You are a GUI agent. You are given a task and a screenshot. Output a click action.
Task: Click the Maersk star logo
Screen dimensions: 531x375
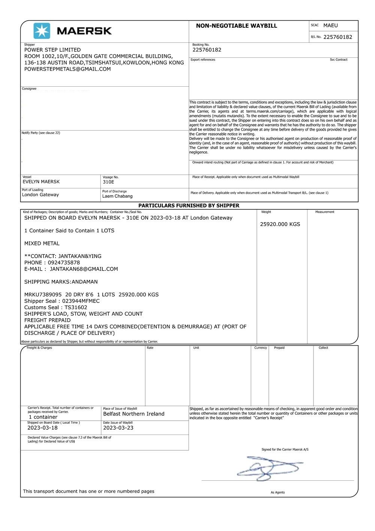(x=42, y=31)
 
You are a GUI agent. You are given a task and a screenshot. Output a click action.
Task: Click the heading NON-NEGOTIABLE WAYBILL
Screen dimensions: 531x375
(x=236, y=26)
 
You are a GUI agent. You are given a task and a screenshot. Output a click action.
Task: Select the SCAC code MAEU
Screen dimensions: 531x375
(x=330, y=26)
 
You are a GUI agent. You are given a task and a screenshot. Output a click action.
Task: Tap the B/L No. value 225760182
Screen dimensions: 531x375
(x=337, y=37)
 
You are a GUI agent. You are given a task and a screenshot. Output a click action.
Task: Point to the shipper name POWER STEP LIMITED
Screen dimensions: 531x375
(x=52, y=50)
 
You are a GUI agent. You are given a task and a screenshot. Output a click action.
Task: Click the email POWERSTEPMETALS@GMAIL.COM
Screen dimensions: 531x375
(x=67, y=69)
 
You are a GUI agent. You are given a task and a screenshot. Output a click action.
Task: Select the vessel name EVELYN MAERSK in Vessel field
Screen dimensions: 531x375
(x=41, y=182)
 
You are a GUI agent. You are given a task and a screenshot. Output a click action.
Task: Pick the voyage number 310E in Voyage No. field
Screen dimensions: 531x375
(x=108, y=182)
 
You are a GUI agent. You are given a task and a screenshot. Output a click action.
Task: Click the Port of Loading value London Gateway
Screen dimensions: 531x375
(x=40, y=195)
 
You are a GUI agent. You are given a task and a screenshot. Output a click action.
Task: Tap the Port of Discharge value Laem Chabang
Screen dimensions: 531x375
(x=117, y=196)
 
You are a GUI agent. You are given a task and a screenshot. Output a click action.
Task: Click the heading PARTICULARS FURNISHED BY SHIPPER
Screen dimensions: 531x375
(x=189, y=206)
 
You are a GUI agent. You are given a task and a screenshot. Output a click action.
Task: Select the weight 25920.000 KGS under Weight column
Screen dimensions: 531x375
(x=280, y=224)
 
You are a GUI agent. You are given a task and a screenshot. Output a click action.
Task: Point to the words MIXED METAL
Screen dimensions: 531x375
(x=42, y=244)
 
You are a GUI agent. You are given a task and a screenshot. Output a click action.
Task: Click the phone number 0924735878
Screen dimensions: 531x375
(x=64, y=263)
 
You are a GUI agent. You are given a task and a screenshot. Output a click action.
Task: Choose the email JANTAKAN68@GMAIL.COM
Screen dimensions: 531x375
(x=84, y=269)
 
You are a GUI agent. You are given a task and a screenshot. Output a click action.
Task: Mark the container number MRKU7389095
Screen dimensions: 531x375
(x=43, y=295)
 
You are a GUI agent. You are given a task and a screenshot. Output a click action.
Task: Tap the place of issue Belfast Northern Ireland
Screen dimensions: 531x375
(x=134, y=414)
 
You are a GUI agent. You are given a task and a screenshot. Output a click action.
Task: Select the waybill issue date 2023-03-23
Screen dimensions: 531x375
(x=118, y=428)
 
